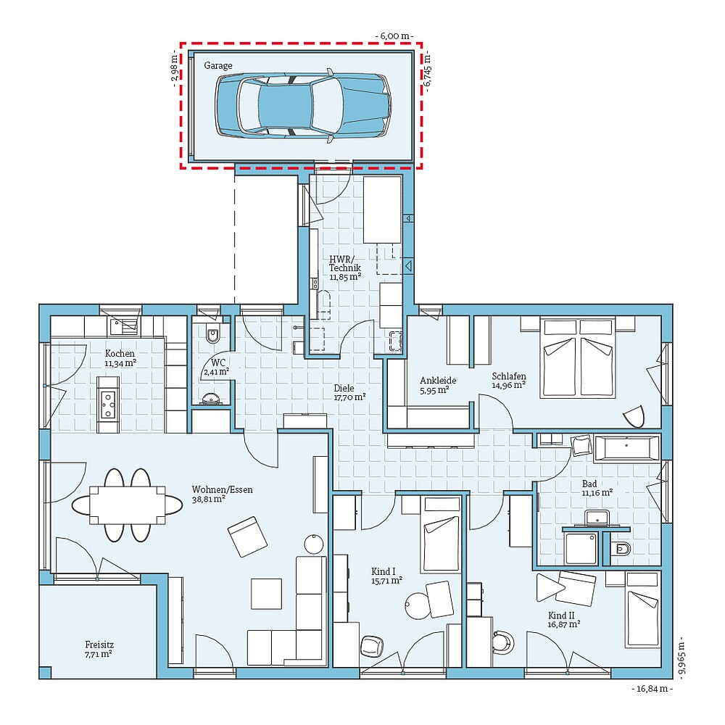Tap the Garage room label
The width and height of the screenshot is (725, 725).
218,66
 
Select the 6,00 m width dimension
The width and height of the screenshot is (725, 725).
394,36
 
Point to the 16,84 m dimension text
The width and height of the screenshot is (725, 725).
652,689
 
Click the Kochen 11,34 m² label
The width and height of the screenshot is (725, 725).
120,358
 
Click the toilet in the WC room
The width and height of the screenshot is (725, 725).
213,335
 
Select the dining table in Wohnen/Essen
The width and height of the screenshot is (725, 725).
127,505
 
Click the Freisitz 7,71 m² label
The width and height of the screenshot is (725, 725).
99,649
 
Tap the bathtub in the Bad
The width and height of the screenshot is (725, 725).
626,449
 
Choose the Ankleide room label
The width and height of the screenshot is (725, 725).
438,380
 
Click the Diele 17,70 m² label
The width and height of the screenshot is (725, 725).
350,392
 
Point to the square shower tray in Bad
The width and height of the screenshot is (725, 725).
581,548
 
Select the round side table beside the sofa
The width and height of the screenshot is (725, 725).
315,543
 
